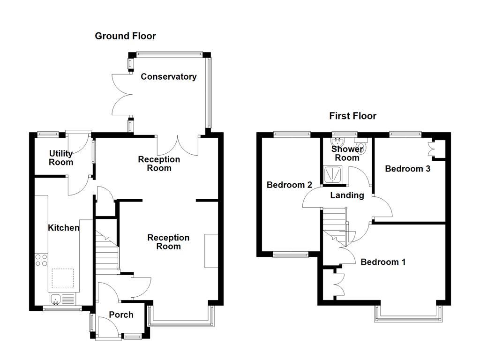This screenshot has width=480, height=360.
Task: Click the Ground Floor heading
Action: [x=125, y=36]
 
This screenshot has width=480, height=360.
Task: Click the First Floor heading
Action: [x=352, y=116]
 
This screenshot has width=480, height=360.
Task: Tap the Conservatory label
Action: [x=169, y=77]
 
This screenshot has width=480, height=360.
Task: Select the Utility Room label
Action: [x=61, y=158]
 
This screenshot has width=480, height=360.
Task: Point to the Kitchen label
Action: [x=64, y=228]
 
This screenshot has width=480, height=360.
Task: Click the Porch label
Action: [x=121, y=315]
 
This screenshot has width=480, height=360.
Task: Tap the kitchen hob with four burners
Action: [x=41, y=260]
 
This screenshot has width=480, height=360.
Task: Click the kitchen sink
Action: [x=56, y=298]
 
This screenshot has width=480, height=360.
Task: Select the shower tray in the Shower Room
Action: [x=334, y=174]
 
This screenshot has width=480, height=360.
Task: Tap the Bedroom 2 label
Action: [x=289, y=185]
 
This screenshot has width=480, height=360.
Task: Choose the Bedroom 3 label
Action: [x=407, y=169]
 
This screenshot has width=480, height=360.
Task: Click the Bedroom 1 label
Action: [x=383, y=262]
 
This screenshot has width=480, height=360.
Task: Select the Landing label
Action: [x=347, y=195]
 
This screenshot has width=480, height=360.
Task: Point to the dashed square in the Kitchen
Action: [x=62, y=278]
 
